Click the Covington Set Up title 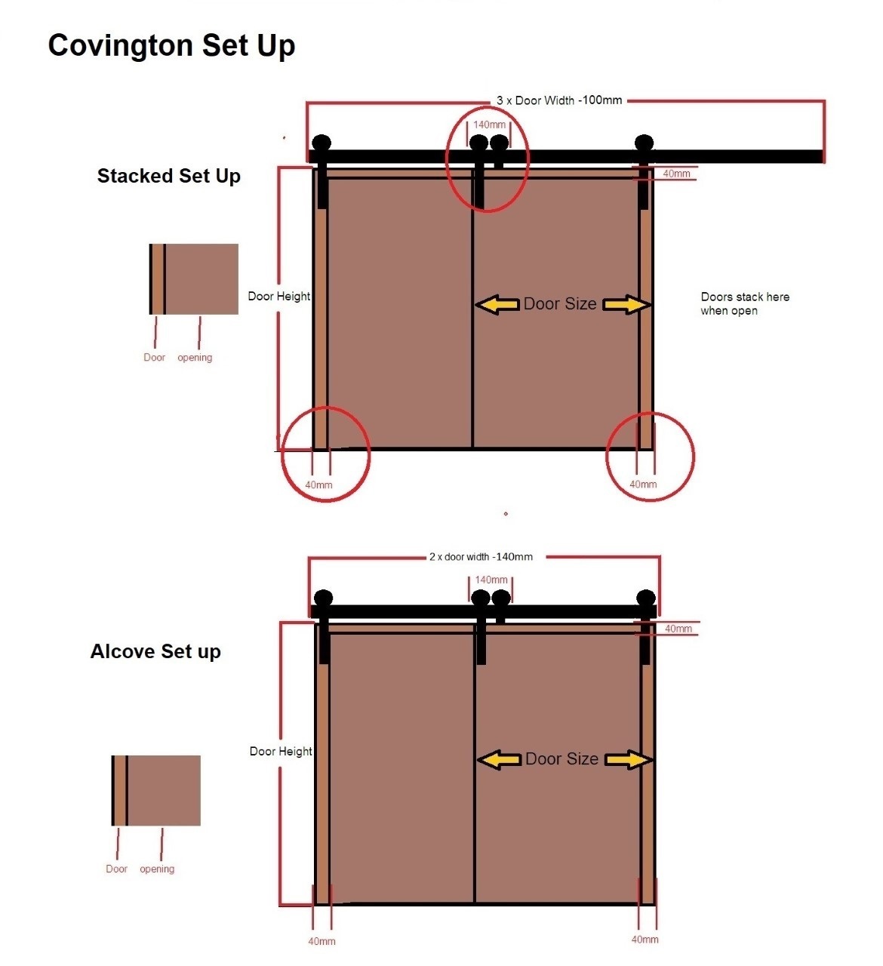(171, 45)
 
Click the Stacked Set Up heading (168, 176)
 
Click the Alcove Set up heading (155, 651)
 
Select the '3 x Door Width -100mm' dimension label (559, 100)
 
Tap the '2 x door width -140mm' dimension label (481, 557)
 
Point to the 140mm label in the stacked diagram (489, 125)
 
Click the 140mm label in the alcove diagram (491, 580)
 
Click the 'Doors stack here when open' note (744, 303)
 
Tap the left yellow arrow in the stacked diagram (497, 304)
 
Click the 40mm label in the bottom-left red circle (318, 485)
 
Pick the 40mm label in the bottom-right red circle (643, 485)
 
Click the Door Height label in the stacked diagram (278, 297)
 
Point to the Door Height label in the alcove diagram (281, 751)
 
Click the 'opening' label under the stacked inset (195, 358)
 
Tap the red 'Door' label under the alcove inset (116, 869)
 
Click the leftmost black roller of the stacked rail (322, 143)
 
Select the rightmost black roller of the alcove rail (646, 598)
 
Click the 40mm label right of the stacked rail (676, 174)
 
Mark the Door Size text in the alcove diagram (562, 759)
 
